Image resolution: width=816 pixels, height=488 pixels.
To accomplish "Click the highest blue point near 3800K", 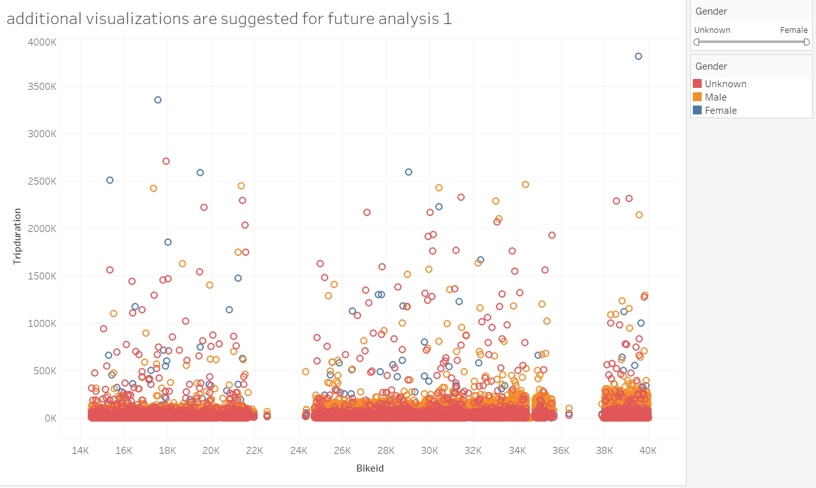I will [x=638, y=56].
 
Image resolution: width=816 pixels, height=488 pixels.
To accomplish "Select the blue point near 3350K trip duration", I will [x=158, y=100].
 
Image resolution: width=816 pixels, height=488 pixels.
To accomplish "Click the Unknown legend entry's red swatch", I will [x=697, y=84].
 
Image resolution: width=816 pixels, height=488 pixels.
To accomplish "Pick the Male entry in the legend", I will [x=716, y=97].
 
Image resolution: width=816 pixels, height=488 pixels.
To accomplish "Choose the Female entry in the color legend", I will [x=721, y=111].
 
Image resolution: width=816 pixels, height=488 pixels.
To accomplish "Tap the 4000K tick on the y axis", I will [x=42, y=42].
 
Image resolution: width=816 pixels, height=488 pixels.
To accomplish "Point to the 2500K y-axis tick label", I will [x=42, y=181].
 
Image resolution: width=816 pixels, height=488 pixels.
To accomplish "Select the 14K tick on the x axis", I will [x=80, y=451].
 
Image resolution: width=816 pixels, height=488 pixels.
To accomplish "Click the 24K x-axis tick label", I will [x=298, y=451].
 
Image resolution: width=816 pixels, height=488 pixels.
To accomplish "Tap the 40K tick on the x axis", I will [x=648, y=451].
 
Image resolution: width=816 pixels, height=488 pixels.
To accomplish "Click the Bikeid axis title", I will [x=369, y=468].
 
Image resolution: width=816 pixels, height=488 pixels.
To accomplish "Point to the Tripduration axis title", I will [x=18, y=235].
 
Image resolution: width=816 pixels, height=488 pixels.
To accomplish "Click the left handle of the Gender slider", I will [x=697, y=42].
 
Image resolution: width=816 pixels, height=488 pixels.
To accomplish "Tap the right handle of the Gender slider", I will [x=807, y=42].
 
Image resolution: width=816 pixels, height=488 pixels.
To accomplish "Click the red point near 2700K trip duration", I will [x=166, y=161].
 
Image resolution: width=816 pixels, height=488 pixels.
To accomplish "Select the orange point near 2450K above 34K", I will [x=525, y=185].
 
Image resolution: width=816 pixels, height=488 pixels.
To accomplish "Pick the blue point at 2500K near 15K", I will [x=110, y=180].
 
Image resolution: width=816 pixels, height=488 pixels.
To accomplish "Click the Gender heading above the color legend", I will [x=711, y=66].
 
